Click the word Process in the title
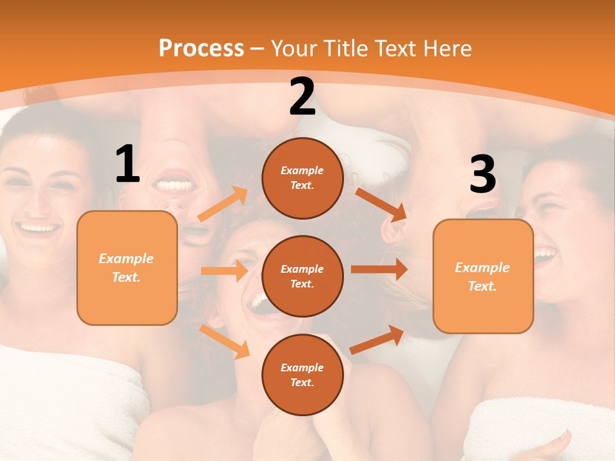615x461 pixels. point(201,49)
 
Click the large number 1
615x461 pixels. point(127,165)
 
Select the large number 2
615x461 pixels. point(302,97)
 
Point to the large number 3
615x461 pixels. point(482,174)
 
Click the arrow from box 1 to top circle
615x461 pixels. point(223,204)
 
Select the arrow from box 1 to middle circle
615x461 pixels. point(224,271)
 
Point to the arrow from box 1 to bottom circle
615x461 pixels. point(224,341)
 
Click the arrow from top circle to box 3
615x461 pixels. point(381,204)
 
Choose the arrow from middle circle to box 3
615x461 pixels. point(379,270)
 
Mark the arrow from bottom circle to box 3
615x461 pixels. point(377,339)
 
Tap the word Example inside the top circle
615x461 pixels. point(302,170)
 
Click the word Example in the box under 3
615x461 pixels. point(482,268)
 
